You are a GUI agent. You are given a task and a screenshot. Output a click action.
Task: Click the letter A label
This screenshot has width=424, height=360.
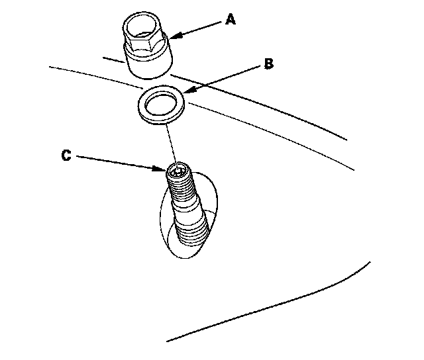coord(230,21)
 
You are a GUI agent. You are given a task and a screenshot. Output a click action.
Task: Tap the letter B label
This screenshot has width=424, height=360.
coord(268,64)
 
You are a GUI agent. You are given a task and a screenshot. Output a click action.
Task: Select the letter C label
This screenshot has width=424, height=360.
coord(66,156)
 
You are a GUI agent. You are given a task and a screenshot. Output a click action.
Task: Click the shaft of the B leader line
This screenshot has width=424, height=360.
coord(225,78)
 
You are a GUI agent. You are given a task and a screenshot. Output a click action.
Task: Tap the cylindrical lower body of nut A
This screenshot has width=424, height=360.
coord(149,63)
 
